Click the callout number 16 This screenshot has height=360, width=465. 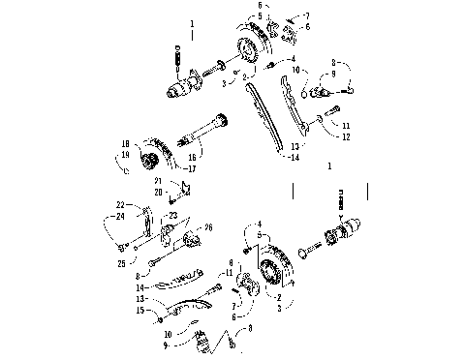click(x=192, y=155)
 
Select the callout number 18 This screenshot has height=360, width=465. click(x=125, y=144)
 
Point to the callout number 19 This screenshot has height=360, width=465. click(x=125, y=154)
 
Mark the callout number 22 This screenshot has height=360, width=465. click(x=121, y=204)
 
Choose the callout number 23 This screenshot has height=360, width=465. click(x=173, y=215)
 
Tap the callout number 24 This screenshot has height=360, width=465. click(x=120, y=217)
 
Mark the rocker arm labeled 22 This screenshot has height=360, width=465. click(x=144, y=219)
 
